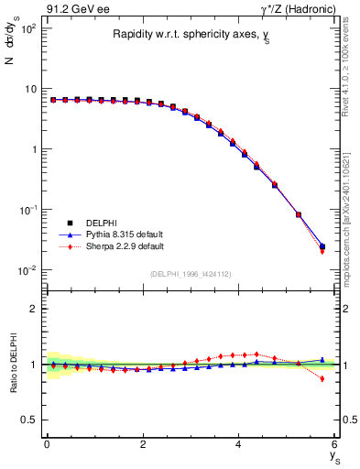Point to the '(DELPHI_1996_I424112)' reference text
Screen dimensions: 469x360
coord(190,274)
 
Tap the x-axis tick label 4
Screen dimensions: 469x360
coord(239,446)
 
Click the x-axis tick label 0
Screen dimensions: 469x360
coord(47,446)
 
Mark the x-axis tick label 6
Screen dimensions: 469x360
coord(335,446)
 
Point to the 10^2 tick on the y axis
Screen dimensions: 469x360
coord(27,28)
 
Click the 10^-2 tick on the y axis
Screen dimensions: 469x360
coord(27,270)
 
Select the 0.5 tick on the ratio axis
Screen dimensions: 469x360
coord(30,420)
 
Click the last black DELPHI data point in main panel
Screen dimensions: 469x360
coord(322,246)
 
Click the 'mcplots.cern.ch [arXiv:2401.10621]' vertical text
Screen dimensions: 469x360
coord(351,220)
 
